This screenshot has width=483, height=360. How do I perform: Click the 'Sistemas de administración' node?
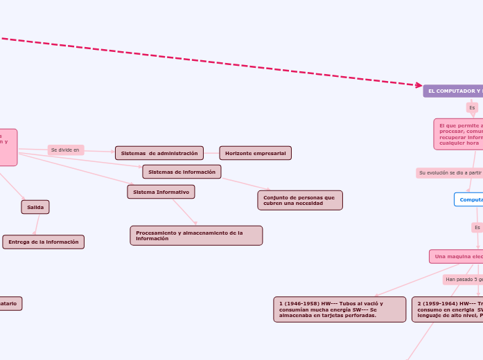click(x=159, y=153)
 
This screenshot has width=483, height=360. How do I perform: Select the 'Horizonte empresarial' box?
click(x=255, y=153)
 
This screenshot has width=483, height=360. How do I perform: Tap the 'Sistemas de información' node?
click(x=182, y=172)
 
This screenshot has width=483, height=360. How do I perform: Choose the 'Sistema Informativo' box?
click(x=161, y=192)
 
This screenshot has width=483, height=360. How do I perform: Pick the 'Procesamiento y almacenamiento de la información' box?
click(x=196, y=235)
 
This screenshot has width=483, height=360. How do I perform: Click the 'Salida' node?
click(x=35, y=207)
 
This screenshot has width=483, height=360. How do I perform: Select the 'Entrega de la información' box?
click(x=44, y=242)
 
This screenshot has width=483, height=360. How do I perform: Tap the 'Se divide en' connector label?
click(x=65, y=150)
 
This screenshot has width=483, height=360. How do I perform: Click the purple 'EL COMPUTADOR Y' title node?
click(x=454, y=91)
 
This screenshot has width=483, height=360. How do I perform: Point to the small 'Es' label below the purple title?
click(x=472, y=108)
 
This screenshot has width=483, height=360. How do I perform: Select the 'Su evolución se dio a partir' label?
click(x=450, y=172)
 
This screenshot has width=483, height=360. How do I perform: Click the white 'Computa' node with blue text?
click(x=469, y=199)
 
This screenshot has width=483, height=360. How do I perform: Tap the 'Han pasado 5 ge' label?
click(x=463, y=280)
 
